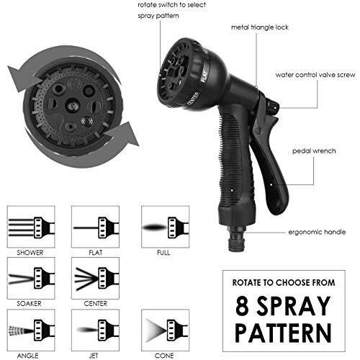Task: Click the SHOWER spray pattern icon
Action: point(31,227)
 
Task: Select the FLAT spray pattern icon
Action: point(95,227)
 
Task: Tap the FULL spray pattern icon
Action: point(166,227)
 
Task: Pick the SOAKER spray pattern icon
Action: point(31,278)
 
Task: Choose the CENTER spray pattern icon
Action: point(95,278)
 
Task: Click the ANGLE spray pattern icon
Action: point(31,330)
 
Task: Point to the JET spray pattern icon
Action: point(95,330)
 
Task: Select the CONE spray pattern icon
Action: point(166,330)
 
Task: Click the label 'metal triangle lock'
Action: point(260,27)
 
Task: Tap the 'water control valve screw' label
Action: point(315,75)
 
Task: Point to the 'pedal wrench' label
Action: point(314,151)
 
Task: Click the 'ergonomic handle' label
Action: point(317,232)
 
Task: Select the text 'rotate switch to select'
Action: point(172,5)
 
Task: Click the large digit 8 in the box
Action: point(242,306)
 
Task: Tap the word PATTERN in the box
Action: point(283,333)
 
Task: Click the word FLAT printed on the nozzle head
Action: point(204,76)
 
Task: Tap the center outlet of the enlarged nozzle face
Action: point(73,105)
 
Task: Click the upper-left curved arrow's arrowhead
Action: point(22,78)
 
